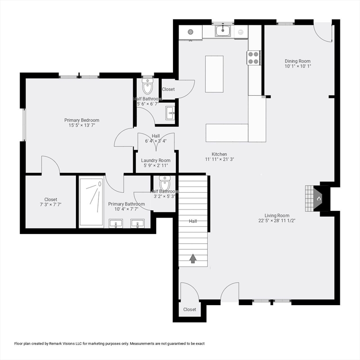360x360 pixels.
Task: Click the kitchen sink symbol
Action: point(223,31)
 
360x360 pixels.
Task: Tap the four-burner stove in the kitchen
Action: point(254,58)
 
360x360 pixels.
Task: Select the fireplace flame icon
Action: point(319,199)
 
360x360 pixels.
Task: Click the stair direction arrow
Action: point(193,259)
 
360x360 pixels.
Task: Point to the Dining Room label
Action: point(298,61)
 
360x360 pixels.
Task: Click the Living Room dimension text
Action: point(277,221)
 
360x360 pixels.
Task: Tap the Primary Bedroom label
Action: point(82,120)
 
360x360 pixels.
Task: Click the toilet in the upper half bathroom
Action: point(147,86)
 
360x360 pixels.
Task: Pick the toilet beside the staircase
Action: point(165,183)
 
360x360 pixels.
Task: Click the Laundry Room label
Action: point(156,160)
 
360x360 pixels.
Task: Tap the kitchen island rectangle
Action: point(214,74)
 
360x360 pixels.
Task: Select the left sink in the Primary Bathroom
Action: point(116,224)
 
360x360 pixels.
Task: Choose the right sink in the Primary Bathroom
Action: point(137,224)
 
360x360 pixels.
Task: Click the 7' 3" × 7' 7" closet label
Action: point(51,204)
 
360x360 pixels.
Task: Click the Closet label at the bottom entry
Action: point(190,309)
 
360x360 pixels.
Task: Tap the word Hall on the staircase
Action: point(193,221)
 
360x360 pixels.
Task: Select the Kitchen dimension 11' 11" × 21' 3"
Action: point(219,159)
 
